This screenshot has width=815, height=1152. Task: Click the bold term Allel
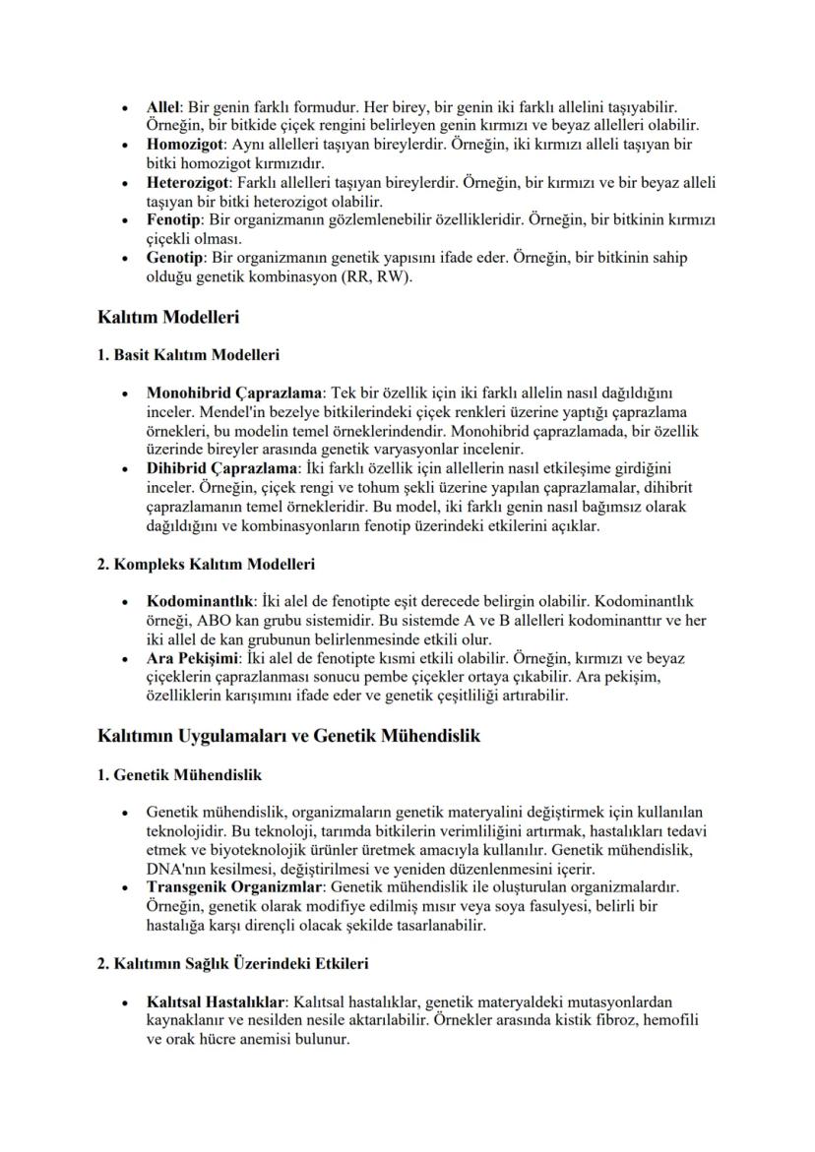click(163, 104)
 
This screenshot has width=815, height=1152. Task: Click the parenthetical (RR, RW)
click(383, 277)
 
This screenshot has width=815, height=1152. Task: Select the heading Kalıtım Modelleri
click(169, 318)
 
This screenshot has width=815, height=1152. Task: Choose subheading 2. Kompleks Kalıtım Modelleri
click(206, 564)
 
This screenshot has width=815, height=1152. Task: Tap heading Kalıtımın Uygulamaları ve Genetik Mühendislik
click(288, 736)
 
